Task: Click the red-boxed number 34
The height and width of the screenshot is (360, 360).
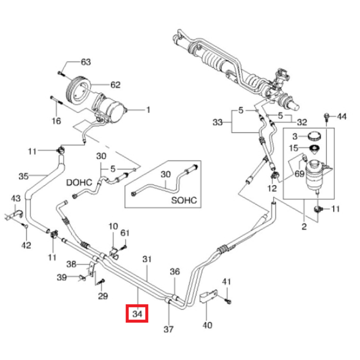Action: pyautogui.click(x=137, y=314)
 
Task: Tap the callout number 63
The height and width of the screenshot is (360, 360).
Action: pyautogui.click(x=86, y=62)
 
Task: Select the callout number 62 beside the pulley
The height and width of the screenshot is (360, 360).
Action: pyautogui.click(x=115, y=85)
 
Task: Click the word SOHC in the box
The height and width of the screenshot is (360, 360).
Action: pyautogui.click(x=184, y=201)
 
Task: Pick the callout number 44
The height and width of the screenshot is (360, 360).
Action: pyautogui.click(x=342, y=116)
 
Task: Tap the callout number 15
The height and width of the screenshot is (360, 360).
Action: pyautogui.click(x=294, y=148)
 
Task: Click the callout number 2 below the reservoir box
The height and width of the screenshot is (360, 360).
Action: pyautogui.click(x=304, y=227)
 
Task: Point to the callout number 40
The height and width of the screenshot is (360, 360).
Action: pyautogui.click(x=207, y=325)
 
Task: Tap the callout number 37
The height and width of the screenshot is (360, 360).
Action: pyautogui.click(x=168, y=329)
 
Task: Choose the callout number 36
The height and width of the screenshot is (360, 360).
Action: pyautogui.click(x=175, y=272)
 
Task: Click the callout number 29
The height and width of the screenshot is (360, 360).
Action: pyautogui.click(x=103, y=296)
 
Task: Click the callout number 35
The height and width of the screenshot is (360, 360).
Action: pyautogui.click(x=23, y=176)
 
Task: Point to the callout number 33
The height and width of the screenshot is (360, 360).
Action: pyautogui.click(x=217, y=123)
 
